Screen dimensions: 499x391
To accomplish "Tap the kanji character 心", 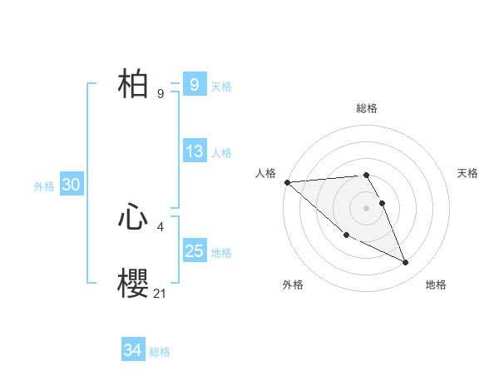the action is (x=133, y=218).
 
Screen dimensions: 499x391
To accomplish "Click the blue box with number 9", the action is (x=194, y=85).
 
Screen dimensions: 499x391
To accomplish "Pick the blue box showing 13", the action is (x=194, y=151).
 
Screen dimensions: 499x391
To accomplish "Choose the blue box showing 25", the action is (x=194, y=251).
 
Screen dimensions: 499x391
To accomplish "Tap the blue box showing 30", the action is (x=71, y=186).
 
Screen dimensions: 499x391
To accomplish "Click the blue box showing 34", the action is (x=132, y=351).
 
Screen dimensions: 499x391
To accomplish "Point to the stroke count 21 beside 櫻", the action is (x=161, y=293).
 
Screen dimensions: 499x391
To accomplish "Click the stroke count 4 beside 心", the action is (x=161, y=225).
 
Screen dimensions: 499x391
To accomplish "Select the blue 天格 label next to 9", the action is (x=221, y=86).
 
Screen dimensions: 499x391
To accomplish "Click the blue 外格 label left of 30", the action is (x=44, y=186).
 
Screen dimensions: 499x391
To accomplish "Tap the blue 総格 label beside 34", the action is (x=160, y=352).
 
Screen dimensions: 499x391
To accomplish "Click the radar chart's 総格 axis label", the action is (x=367, y=108).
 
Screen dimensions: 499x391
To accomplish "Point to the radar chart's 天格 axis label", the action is (x=468, y=173).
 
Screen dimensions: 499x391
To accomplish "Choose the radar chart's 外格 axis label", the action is (x=293, y=285).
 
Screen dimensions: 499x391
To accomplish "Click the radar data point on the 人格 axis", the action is (x=287, y=182).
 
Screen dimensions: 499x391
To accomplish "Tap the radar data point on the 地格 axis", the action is (x=406, y=262).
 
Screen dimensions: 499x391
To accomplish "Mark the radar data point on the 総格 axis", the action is (x=366, y=175).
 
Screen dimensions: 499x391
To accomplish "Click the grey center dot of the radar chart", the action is (x=366, y=207).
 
